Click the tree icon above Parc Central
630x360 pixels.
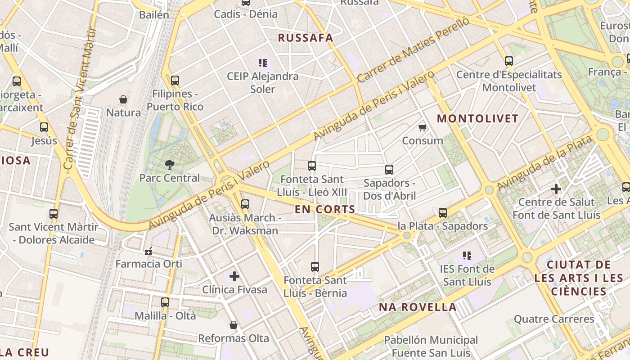(x=169, y=164)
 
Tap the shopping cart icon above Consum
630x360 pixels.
(x=422, y=128)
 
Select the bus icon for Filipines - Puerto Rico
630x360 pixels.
(x=175, y=81)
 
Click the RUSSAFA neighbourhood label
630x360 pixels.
(x=306, y=38)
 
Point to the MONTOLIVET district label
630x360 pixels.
(x=478, y=119)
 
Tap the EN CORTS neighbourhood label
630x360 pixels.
(x=325, y=209)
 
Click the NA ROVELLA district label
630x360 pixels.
(x=418, y=307)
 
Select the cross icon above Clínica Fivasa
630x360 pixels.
(x=234, y=276)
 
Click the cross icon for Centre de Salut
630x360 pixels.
(x=556, y=189)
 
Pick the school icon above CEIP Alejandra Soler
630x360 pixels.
(x=263, y=63)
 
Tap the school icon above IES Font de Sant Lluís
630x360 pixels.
(x=467, y=256)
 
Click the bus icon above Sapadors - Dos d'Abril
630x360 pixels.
(x=389, y=170)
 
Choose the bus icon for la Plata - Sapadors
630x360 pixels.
(x=443, y=212)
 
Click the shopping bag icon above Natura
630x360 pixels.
(x=123, y=99)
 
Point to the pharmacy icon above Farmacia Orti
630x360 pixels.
(x=148, y=251)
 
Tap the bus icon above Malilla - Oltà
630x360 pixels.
(x=165, y=302)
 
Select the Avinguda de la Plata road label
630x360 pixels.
(x=544, y=163)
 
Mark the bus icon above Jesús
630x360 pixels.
(x=44, y=127)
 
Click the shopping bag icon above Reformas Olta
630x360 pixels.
(x=234, y=325)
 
